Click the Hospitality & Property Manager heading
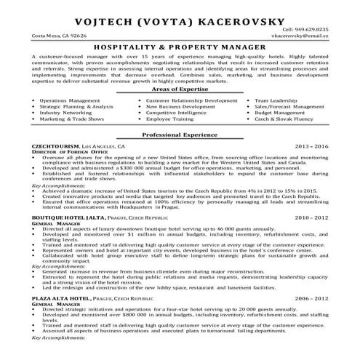tap(180, 46)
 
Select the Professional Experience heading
tap(180, 136)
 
